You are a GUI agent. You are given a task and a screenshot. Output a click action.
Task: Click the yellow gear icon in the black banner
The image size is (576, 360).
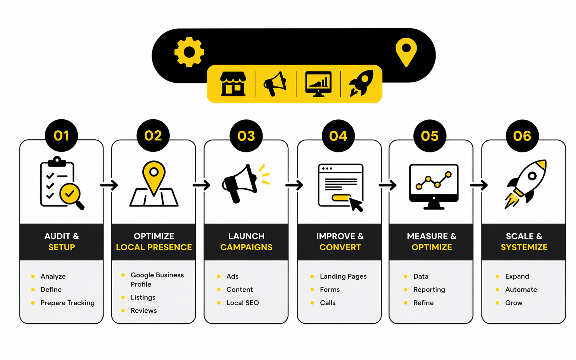(189, 52)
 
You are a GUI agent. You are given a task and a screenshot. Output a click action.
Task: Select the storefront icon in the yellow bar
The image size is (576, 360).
(233, 84)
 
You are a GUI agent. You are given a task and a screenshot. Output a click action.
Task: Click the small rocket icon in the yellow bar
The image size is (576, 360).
(361, 83)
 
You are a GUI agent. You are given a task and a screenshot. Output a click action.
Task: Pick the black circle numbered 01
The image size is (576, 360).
(61, 136)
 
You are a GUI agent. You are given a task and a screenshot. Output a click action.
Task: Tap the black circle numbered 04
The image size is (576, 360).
(338, 136)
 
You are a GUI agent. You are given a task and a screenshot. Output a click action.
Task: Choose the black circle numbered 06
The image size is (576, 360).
(522, 136)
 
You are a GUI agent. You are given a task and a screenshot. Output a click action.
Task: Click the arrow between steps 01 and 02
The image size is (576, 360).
(109, 185)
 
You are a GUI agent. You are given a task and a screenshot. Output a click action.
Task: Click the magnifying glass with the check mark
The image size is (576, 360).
(71, 196)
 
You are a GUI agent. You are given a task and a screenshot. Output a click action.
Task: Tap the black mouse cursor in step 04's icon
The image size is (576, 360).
(356, 205)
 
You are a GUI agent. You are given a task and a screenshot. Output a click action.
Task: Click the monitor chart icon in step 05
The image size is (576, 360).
(434, 186)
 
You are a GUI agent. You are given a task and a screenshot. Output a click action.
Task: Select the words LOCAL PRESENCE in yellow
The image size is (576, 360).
(154, 247)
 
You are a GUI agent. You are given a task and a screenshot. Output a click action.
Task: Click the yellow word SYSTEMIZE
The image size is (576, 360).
(524, 247)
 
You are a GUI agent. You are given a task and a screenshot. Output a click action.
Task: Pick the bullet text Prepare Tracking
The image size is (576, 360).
(68, 303)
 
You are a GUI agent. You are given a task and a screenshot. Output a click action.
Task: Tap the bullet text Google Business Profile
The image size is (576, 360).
(157, 279)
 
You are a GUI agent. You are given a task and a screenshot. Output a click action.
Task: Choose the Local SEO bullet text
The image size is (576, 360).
(242, 303)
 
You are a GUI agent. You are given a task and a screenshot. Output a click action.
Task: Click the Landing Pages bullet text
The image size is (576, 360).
(343, 276)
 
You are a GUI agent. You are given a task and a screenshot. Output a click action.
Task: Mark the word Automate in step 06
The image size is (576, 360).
(521, 290)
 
